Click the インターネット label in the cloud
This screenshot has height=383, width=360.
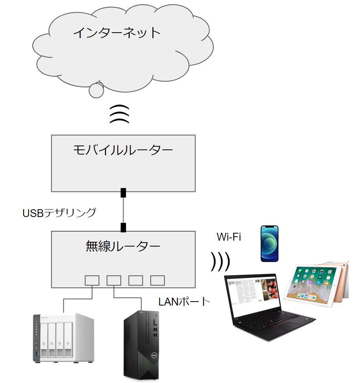point(117,33)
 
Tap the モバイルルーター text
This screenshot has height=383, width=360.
point(123,150)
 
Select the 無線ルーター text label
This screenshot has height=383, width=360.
point(123,247)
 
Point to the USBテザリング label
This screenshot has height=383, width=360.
point(59,213)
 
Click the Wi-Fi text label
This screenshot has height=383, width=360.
point(229,237)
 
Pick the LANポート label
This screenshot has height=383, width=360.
point(184,302)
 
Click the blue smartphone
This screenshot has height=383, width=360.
point(270,244)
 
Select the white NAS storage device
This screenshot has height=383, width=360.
point(63,337)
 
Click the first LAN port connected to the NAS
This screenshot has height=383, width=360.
point(92,280)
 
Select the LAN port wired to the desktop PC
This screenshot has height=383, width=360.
point(114,280)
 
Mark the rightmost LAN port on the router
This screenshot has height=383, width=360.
point(157,280)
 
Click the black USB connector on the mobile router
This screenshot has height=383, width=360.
point(123,193)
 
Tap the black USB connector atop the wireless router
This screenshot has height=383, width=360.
point(123,227)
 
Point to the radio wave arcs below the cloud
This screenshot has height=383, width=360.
point(119,114)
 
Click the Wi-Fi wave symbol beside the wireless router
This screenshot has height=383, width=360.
point(220,261)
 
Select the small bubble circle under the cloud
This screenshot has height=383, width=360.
point(96,91)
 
